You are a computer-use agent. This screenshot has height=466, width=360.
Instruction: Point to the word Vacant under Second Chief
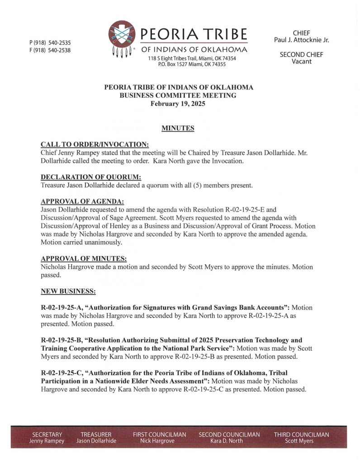(x=302, y=62)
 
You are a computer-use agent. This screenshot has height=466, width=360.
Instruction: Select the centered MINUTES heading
(x=178, y=129)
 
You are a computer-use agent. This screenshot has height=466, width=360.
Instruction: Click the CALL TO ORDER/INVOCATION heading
(x=95, y=144)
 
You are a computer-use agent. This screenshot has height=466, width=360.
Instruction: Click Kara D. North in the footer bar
(x=229, y=441)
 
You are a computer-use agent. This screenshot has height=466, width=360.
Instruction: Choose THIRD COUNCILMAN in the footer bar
(x=301, y=435)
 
